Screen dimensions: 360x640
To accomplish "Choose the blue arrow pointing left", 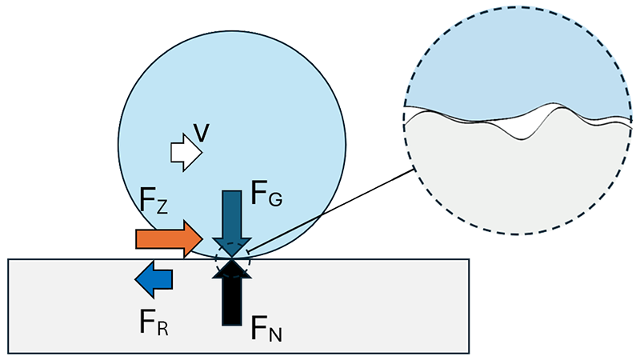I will point(154,278).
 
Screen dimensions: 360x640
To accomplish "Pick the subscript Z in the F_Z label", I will point(162,210).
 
